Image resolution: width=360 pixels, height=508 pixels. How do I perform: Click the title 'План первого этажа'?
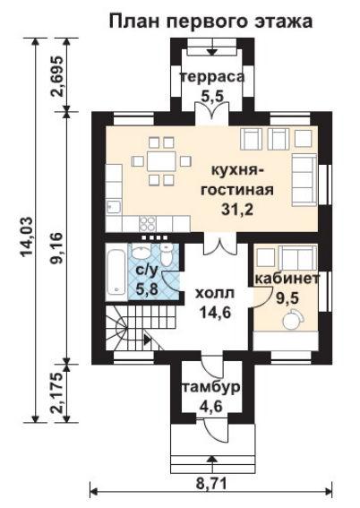pos(211,22)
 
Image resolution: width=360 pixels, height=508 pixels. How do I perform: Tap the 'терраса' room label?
pos(212,77)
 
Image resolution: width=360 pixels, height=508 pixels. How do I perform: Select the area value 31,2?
pos(237,210)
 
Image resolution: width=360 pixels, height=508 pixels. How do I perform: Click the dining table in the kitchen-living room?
pos(161,161)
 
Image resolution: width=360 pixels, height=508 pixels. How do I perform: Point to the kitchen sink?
pos(114,207)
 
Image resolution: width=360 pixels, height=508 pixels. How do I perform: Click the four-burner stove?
pos(147,223)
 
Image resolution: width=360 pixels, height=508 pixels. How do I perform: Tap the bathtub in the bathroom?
pos(116,272)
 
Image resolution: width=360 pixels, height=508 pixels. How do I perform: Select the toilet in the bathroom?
pos(167,255)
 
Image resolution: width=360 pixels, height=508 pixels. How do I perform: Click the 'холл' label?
pos(214,294)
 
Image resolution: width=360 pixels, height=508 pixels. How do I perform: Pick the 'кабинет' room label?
pos(287,279)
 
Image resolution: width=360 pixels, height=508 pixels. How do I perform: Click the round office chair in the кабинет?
pos(293,319)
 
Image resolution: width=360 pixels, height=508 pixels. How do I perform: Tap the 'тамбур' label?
pos(212,387)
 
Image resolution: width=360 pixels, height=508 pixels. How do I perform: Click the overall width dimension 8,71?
pos(211,485)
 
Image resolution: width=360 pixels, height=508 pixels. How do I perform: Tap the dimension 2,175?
pos(58,393)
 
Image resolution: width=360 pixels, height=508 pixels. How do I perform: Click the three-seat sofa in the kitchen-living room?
pos(304,180)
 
